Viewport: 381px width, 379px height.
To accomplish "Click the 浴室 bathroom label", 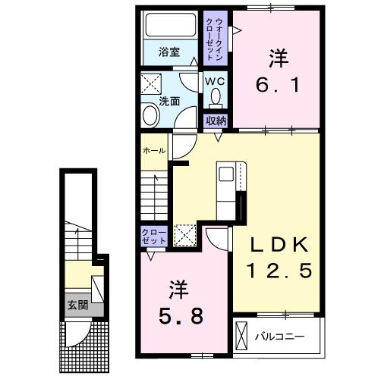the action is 169,52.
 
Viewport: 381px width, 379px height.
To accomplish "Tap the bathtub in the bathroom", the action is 171,25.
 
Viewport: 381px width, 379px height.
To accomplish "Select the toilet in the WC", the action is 216,97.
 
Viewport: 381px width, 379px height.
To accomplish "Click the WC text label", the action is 215,81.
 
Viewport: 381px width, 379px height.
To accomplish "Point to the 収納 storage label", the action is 216,121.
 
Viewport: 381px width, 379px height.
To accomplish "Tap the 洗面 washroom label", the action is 169,102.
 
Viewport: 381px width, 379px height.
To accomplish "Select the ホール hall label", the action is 154,151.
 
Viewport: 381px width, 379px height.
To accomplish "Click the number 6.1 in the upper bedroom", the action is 278,85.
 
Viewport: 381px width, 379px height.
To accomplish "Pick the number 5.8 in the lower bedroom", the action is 181,316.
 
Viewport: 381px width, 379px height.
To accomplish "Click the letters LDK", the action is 279,245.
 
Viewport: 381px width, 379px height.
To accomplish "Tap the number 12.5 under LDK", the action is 279,271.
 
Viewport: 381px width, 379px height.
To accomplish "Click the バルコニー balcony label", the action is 279,337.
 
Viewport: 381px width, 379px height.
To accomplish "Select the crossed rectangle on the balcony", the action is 241,336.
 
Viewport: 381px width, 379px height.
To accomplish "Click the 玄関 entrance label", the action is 78,305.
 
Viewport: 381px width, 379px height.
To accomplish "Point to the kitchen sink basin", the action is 226,174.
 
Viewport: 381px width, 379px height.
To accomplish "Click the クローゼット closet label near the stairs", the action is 154,236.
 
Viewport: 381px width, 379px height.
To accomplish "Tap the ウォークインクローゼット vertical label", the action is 215,38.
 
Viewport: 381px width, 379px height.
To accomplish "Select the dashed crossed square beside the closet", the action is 185,235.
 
